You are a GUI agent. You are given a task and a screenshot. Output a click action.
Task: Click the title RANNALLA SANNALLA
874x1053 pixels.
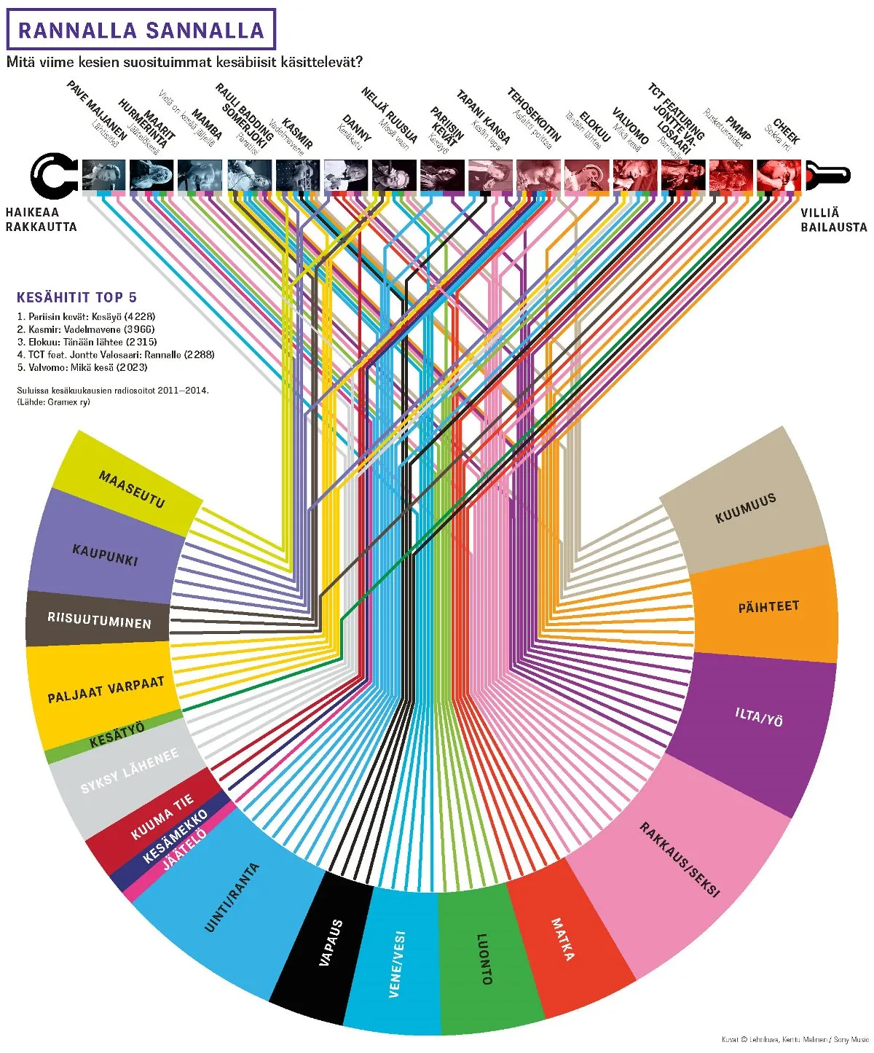pyautogui.click(x=141, y=30)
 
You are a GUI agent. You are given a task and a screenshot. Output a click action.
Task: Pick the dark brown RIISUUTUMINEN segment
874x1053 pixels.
pyautogui.click(x=99, y=620)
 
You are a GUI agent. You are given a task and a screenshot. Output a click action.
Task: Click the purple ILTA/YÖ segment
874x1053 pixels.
pyautogui.click(x=758, y=719)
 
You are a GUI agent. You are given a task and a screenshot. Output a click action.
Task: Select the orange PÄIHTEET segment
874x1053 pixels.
pyautogui.click(x=768, y=606)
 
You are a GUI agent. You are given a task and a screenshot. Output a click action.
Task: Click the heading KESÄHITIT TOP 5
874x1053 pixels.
pyautogui.click(x=76, y=297)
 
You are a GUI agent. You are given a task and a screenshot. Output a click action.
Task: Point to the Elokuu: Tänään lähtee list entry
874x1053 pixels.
pyautogui.click(x=87, y=342)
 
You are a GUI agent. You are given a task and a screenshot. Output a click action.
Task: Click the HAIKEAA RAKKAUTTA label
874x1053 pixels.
pyautogui.click(x=41, y=219)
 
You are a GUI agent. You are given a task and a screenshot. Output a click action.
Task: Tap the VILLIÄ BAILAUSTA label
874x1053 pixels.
pyautogui.click(x=833, y=219)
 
